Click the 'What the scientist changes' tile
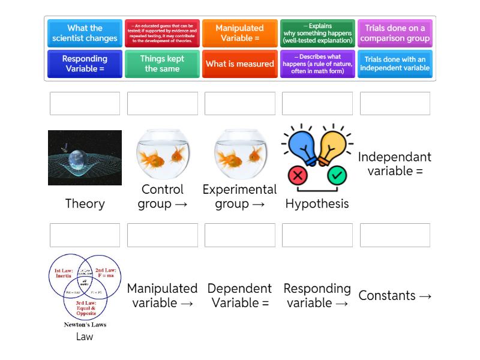pyautogui.click(x=85, y=34)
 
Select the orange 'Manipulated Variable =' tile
pyautogui.click(x=239, y=34)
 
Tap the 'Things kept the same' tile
pyautogui.click(x=162, y=64)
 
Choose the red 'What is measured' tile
pyautogui.click(x=239, y=64)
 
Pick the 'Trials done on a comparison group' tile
pyautogui.click(x=395, y=34)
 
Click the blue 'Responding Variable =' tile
pyautogui.click(x=85, y=64)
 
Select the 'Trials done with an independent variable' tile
pyautogui.click(x=395, y=64)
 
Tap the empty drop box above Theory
pyautogui.click(x=85, y=103)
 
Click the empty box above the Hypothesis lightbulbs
pyautogui.click(x=317, y=103)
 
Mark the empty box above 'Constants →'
pyautogui.click(x=395, y=235)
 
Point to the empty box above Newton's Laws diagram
pyautogui.click(x=85, y=235)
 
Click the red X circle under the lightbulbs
pyautogui.click(x=298, y=176)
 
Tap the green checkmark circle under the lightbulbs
pyautogui.click(x=337, y=176)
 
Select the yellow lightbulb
pyautogui.click(x=334, y=147)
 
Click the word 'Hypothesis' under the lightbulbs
pyautogui.click(x=317, y=204)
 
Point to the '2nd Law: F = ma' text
pyautogui.click(x=105, y=273)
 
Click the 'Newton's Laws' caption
pyautogui.click(x=85, y=325)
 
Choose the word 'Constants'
pyautogui.click(x=387, y=296)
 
